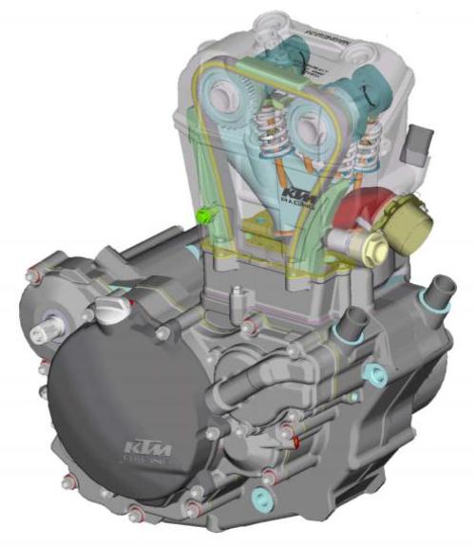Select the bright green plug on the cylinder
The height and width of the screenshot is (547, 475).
[x=203, y=215]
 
